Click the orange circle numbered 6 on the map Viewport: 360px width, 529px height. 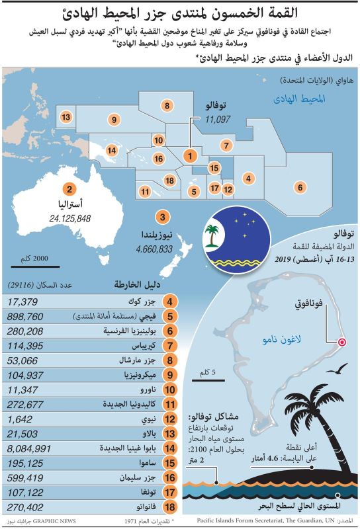click(300, 187)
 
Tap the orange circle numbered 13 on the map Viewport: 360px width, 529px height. click(66, 117)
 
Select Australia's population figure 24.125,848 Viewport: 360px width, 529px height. click(69, 218)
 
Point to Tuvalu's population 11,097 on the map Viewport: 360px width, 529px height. click(218, 120)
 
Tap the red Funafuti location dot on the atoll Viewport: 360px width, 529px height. click(342, 342)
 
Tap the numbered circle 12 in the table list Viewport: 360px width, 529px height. click(170, 419)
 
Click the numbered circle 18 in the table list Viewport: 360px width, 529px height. click(170, 507)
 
